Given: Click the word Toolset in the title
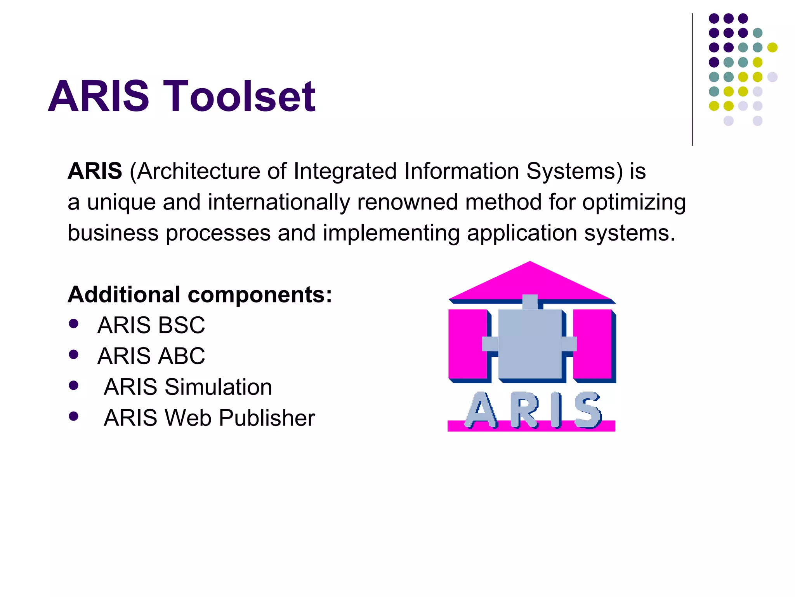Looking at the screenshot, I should (239, 96).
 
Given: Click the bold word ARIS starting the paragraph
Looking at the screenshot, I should (95, 171).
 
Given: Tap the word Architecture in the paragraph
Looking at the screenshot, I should (198, 171).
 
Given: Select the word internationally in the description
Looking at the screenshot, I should (279, 202).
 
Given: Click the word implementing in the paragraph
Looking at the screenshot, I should (391, 233).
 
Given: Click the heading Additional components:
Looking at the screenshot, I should (200, 295).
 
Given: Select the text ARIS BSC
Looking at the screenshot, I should (151, 325).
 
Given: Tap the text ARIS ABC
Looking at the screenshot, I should (151, 356).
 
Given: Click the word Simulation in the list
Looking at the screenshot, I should (218, 387).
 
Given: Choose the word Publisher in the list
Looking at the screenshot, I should (267, 418).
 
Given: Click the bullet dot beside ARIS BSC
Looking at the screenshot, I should (73, 324).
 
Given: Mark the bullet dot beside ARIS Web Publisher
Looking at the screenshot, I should (73, 417).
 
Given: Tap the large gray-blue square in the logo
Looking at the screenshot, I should (529, 344).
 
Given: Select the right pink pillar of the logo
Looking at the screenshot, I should (592, 344).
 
